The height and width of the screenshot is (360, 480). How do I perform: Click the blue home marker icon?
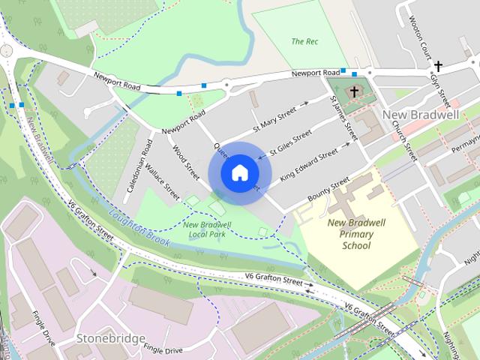238,172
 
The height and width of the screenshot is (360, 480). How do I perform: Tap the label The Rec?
304,41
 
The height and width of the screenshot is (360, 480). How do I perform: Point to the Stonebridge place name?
111,339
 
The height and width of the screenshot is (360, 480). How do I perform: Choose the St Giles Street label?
290,139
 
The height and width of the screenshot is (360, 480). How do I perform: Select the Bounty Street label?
328,187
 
